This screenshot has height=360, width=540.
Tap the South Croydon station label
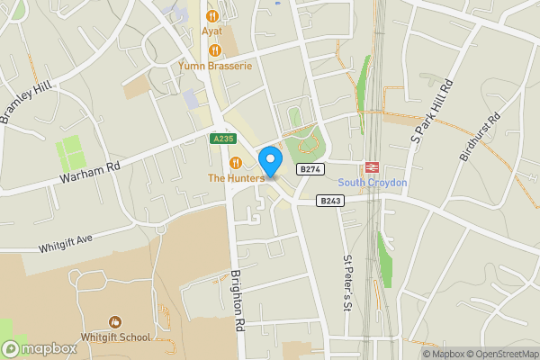(373, 183)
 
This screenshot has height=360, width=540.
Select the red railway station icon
(371, 168)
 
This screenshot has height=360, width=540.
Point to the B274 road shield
(310, 169)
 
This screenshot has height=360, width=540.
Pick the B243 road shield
(330, 202)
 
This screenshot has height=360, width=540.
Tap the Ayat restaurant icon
(213, 16)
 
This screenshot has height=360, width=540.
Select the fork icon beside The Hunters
(236, 162)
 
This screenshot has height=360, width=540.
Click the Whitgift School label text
(115, 337)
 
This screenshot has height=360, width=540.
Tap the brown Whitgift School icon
(115, 321)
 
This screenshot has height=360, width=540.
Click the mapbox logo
(40, 348)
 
